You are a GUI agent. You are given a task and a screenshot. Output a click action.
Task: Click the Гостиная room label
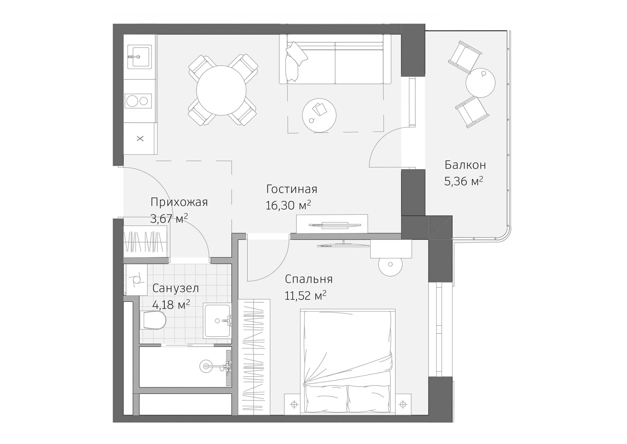point(292,189)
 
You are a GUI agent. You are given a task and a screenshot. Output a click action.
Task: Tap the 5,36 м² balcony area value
point(463,181)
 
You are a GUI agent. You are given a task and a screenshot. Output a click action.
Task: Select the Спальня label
point(308,279)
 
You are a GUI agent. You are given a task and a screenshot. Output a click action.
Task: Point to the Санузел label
point(175,288)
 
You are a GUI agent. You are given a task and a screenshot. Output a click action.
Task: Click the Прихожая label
point(179,202)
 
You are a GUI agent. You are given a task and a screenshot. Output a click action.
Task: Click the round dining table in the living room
point(221,90)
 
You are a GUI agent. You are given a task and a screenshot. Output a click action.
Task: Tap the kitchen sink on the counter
point(139,56)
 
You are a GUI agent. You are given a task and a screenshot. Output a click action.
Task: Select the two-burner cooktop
point(138,101)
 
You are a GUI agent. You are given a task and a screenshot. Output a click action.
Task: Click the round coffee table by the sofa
point(319,115)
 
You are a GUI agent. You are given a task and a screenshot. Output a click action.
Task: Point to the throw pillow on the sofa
point(297,54)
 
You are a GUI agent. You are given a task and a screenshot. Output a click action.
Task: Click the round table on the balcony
point(480,83)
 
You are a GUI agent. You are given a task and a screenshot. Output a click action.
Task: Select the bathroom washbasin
point(217,321)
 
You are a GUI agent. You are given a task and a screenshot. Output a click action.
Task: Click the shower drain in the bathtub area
point(206,366)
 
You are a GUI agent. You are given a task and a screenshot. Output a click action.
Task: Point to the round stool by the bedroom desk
point(390,265)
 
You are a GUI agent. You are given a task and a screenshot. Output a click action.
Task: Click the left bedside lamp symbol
point(294,405)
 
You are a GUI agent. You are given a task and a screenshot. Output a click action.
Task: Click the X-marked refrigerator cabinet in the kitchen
point(140,138)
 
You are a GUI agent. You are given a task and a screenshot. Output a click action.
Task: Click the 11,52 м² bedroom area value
point(305,296)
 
